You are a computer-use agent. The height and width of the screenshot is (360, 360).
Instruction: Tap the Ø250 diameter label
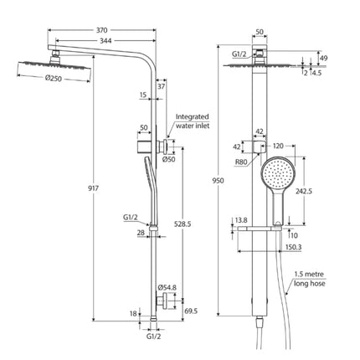(x=54, y=80)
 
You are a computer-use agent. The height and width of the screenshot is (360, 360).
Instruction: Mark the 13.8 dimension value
(x=241, y=219)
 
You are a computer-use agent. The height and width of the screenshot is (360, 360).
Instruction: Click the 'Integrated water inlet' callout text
(x=192, y=123)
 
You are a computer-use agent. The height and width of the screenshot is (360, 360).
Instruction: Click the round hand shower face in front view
(x=276, y=177)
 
